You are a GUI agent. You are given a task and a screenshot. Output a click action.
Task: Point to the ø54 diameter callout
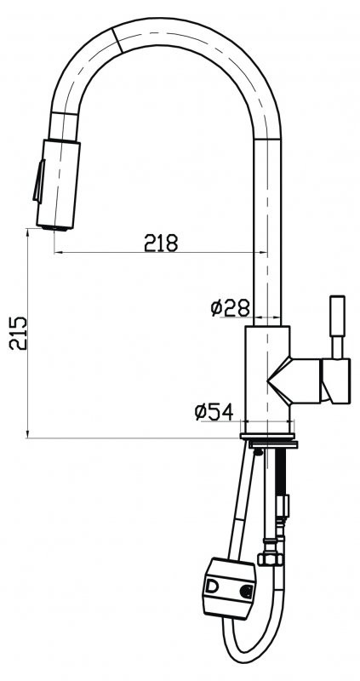coord(214,412)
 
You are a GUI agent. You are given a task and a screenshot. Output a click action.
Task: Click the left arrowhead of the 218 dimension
coord(58,252)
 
